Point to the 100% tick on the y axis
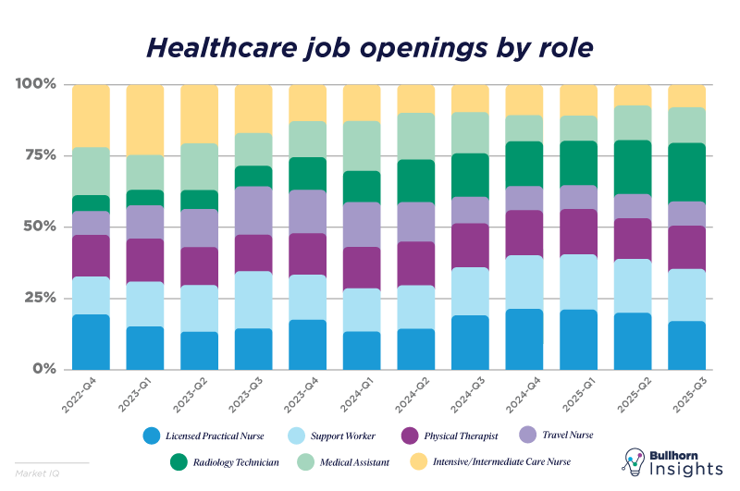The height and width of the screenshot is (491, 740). [36, 84]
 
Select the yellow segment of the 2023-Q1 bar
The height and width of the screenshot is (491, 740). [145, 119]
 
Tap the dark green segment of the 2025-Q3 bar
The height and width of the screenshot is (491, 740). [687, 172]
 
